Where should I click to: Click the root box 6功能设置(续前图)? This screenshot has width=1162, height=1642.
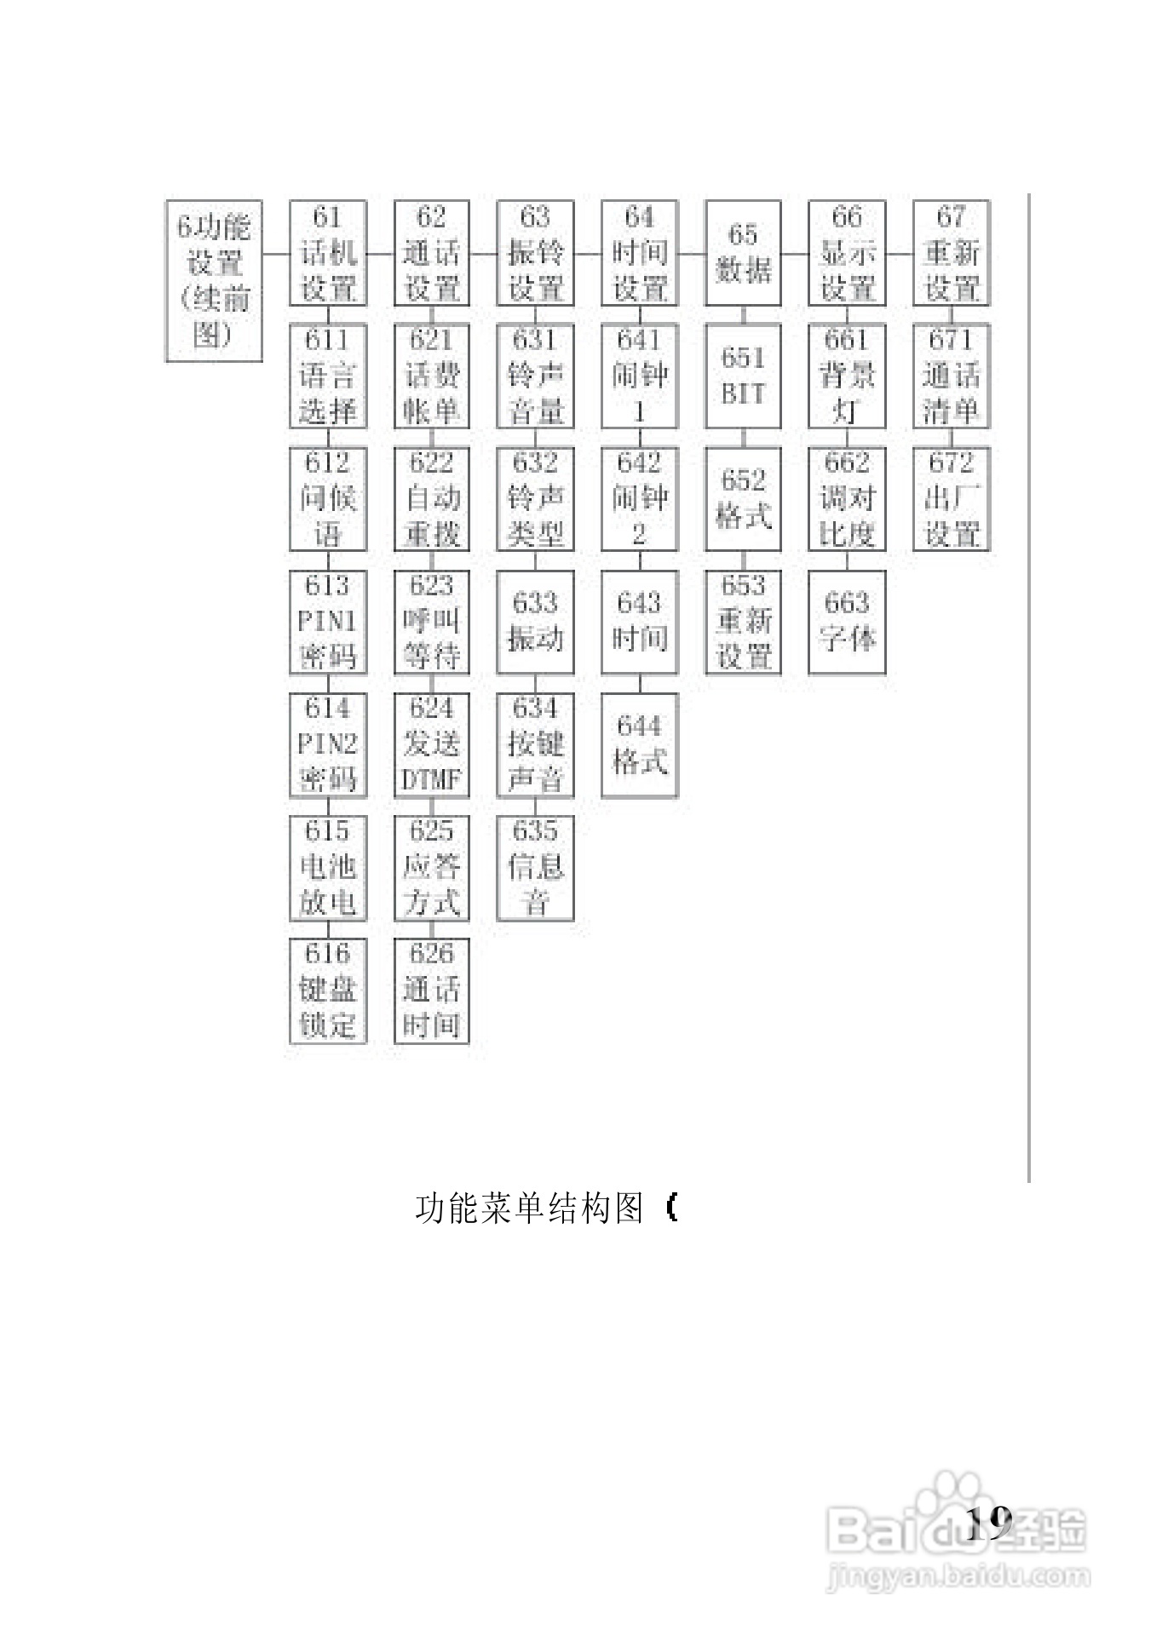[214, 281]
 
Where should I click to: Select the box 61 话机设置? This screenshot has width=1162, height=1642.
[328, 253]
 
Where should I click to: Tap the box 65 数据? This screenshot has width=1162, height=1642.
[743, 253]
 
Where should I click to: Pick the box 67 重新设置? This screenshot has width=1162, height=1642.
[951, 253]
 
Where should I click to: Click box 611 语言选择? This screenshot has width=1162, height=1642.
[328, 376]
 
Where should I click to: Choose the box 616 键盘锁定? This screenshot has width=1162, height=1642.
[328, 990]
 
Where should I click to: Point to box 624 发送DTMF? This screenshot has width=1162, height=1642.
[432, 744]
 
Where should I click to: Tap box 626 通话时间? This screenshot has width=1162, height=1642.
[432, 990]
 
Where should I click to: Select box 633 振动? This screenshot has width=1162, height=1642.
[536, 622]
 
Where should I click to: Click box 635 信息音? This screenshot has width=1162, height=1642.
[536, 867]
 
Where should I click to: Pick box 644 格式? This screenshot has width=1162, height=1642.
[640, 744]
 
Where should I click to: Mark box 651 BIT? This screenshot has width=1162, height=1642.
[743, 376]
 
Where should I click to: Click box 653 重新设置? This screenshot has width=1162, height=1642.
[743, 622]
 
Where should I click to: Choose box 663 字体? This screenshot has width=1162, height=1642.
[847, 622]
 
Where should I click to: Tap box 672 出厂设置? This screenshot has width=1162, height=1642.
[951, 499]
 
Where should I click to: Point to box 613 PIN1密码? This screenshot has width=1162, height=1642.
[328, 622]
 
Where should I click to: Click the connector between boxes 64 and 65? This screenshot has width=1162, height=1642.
[692, 253]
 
